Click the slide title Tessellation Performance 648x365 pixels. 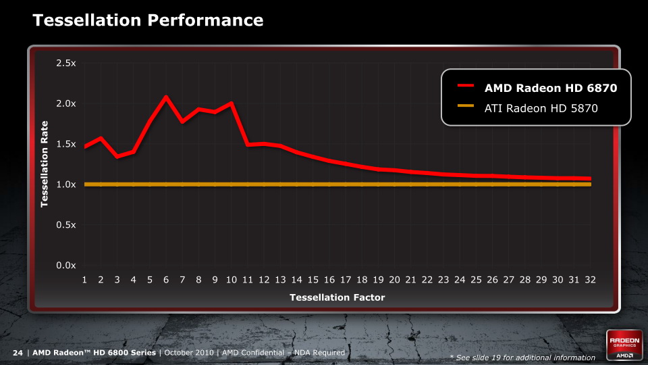(148, 21)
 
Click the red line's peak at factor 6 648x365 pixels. (166, 97)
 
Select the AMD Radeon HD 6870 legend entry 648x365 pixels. (550, 87)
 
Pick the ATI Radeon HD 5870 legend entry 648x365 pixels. (541, 107)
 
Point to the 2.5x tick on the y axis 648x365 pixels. (65, 63)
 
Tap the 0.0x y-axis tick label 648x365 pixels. (65, 266)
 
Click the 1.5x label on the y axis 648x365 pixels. (65, 144)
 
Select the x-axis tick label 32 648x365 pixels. (591, 279)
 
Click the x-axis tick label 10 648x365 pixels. (232, 279)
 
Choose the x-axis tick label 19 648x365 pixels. (379, 279)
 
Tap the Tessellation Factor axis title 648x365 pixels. (337, 297)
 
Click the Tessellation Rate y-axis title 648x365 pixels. (45, 164)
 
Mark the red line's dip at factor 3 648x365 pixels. (117, 157)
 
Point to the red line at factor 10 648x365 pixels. (232, 103)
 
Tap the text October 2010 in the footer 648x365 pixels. (189, 353)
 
